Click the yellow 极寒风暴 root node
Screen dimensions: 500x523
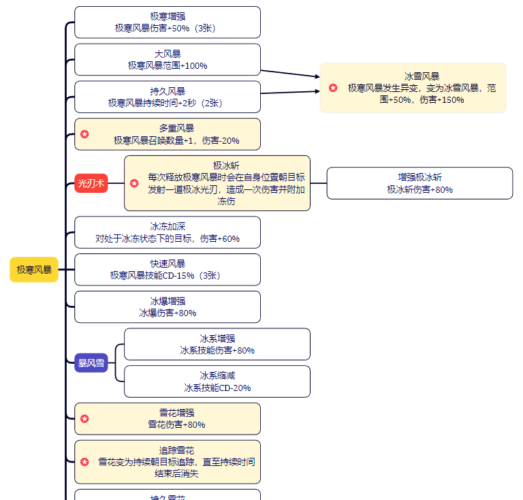coord(34,270)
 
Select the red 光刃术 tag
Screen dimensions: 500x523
coord(91,183)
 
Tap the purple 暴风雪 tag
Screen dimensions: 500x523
coord(91,363)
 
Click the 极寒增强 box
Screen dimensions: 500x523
coord(168,22)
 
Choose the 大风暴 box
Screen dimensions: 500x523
coord(168,59)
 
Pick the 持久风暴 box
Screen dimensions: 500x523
coord(168,97)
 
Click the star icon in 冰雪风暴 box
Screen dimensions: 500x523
coord(333,88)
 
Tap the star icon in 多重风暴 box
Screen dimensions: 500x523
coord(84,134)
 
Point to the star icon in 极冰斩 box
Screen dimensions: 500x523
coord(134,183)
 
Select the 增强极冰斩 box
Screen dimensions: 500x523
coord(419,183)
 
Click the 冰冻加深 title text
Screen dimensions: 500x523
coord(168,226)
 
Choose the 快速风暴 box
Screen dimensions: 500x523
coord(168,270)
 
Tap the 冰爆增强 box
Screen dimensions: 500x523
coord(168,307)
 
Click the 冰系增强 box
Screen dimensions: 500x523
coord(217,344)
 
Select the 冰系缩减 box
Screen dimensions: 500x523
coord(217,381)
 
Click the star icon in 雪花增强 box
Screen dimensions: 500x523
coord(84,419)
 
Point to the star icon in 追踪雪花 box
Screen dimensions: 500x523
coord(84,462)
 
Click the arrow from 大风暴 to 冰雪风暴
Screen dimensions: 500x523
coord(290,73)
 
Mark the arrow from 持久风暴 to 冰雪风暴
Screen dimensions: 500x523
coord(290,92)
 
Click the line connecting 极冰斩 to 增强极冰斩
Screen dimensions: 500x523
coord(319,183)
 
